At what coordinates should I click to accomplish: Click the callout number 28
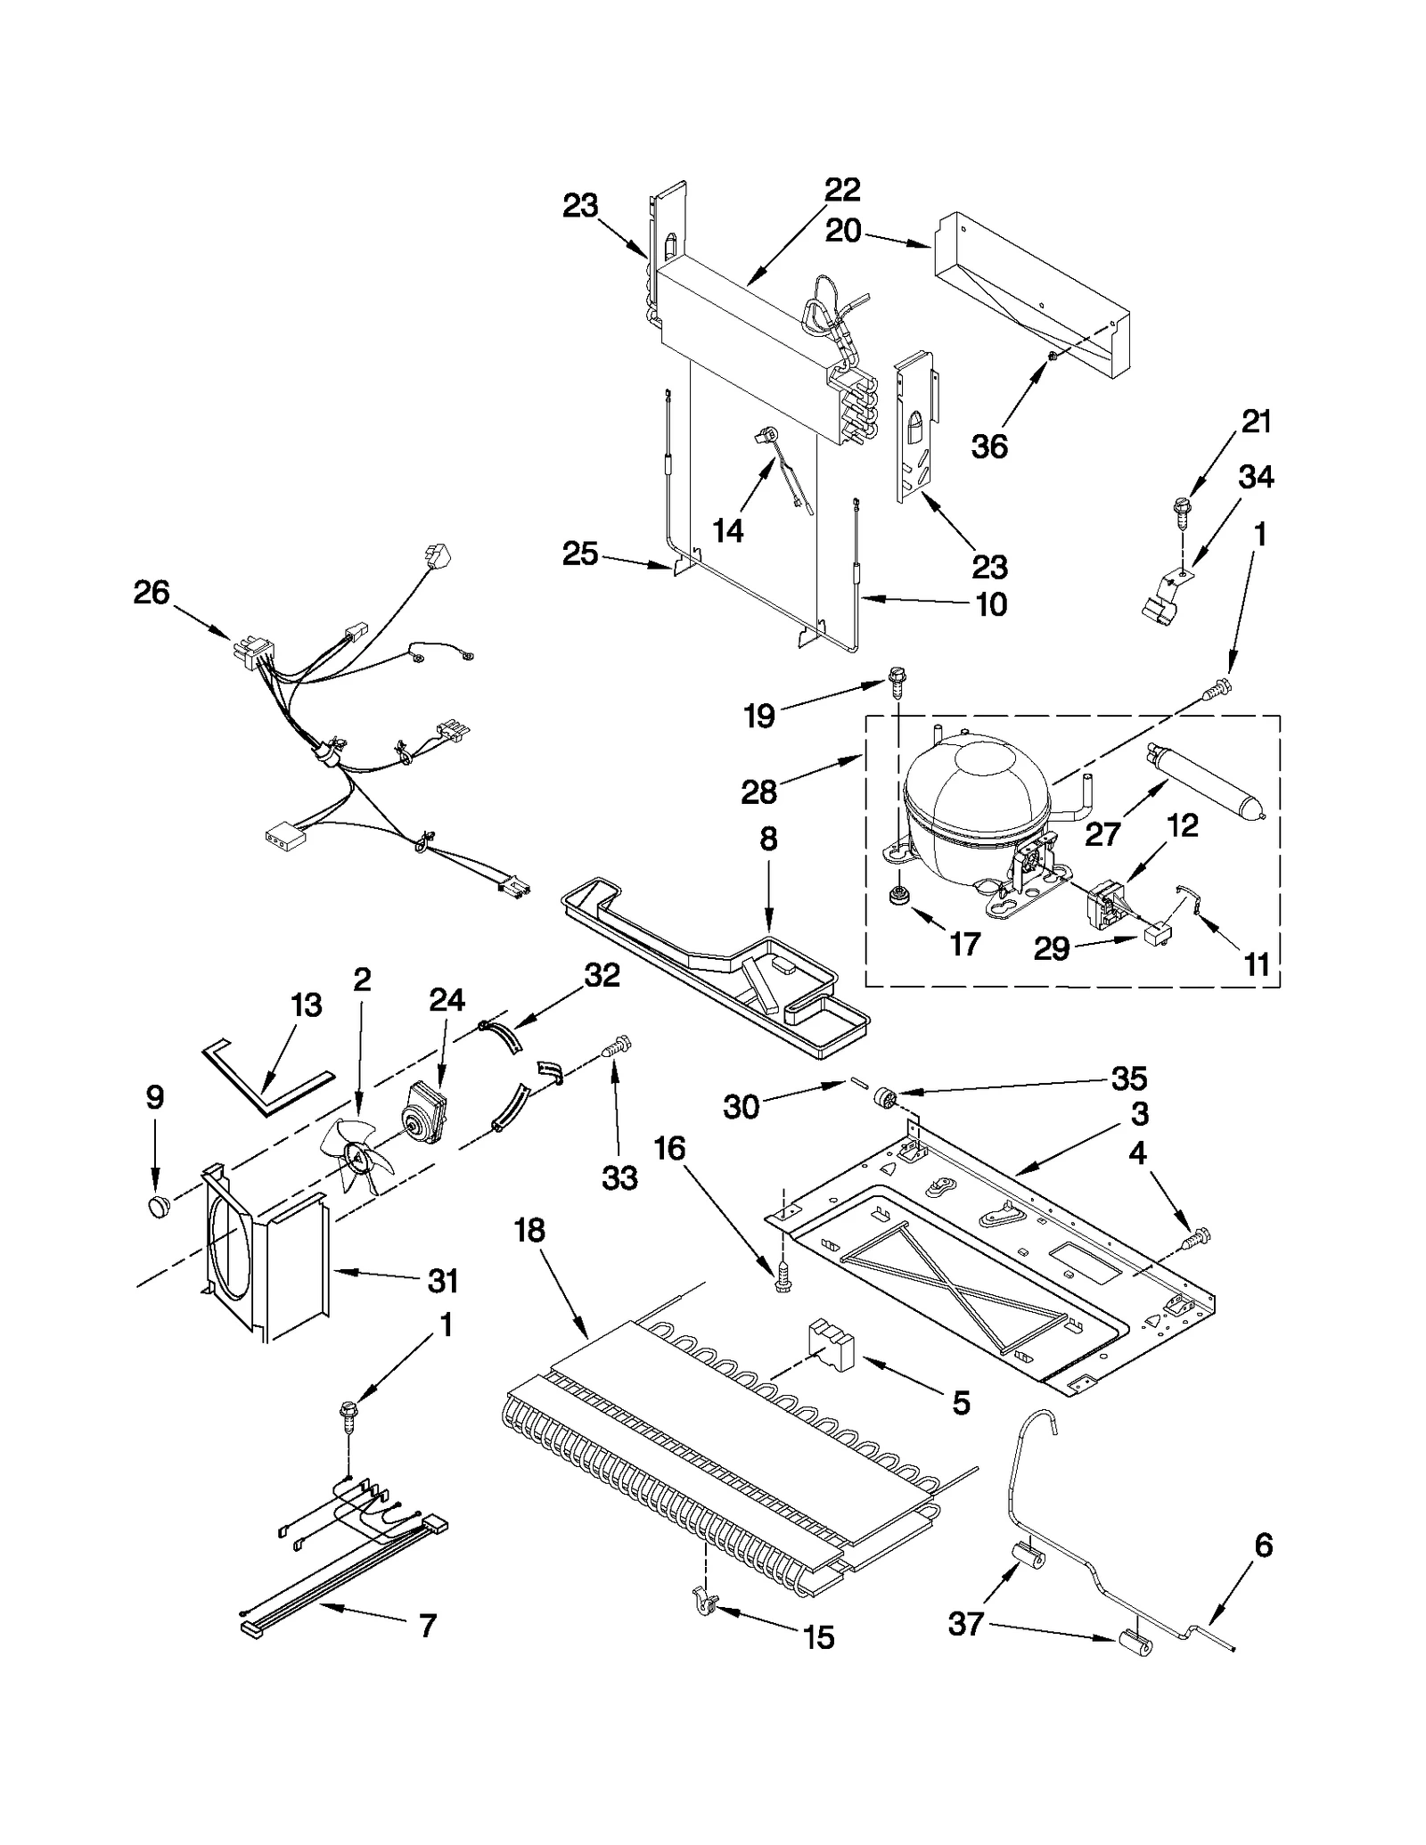point(758,791)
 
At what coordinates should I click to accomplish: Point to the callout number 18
point(529,1231)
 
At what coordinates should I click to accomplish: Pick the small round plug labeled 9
point(159,1207)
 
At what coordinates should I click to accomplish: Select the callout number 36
point(989,446)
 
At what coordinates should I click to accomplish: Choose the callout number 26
point(151,592)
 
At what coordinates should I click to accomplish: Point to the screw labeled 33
point(617,1044)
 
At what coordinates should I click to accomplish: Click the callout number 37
point(965,1624)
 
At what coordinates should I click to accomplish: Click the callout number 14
point(728,531)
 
